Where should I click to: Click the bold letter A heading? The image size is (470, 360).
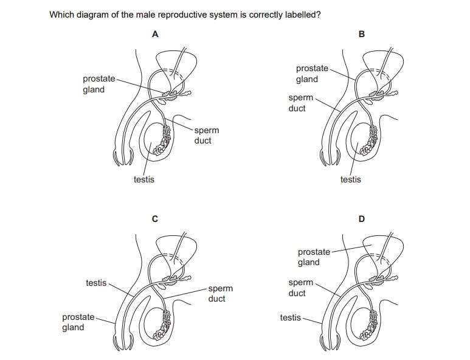[155, 34]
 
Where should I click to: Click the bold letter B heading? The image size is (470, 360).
[362, 34]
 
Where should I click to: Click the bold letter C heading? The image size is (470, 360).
[155, 219]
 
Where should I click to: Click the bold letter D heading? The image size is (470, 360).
[362, 219]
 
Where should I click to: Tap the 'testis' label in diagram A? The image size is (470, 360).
[144, 179]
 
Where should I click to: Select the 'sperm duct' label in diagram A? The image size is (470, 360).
[207, 136]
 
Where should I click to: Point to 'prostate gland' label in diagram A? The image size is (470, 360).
[99, 84]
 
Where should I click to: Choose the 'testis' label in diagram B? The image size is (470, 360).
[350, 179]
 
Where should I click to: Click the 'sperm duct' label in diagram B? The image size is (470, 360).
[300, 103]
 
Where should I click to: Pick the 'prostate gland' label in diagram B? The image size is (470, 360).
[312, 74]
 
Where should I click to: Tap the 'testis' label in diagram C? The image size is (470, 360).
[96, 283]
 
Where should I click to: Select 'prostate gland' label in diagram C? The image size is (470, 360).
[78, 322]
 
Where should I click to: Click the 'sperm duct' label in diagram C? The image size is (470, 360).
[220, 294]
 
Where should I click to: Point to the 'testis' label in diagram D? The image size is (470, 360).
[291, 317]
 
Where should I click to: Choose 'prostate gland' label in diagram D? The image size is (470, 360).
[314, 257]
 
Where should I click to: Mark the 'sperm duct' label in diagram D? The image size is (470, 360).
[300, 288]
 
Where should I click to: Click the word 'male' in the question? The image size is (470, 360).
[145, 15]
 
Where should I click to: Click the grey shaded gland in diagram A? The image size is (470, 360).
[171, 95]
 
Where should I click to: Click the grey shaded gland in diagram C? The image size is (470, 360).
[171, 280]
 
